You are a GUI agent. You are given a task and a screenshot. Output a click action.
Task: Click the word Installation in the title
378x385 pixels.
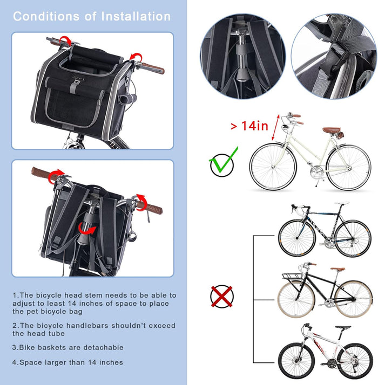point(135,16)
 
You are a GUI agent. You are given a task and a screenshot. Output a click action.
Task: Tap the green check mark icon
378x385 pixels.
point(222,164)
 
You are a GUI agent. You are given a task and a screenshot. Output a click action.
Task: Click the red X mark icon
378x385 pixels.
point(221,295)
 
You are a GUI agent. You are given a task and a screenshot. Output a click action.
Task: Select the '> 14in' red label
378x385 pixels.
point(249,126)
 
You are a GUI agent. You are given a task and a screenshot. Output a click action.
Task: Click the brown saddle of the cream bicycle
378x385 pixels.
point(332,130)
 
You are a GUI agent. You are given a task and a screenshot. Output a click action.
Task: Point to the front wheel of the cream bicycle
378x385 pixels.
point(273,166)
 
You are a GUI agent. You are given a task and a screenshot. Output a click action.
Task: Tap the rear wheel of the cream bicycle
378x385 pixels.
point(348,167)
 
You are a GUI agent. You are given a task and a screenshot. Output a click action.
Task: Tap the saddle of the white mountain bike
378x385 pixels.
point(342,327)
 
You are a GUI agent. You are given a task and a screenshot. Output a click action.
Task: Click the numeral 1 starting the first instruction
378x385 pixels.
point(15,295)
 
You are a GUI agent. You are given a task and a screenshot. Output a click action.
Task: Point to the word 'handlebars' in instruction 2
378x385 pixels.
point(79,326)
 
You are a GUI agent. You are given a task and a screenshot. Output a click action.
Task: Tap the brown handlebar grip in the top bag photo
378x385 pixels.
point(152,68)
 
